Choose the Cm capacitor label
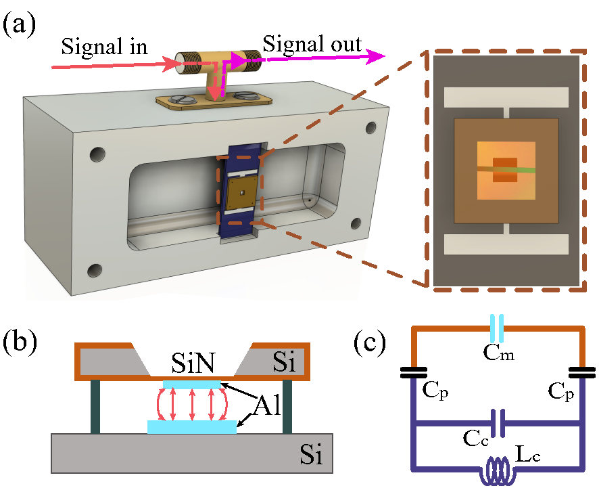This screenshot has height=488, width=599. tap(498, 351)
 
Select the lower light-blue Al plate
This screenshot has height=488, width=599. tap(192, 426)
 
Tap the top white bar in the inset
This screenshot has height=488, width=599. tap(506, 97)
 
